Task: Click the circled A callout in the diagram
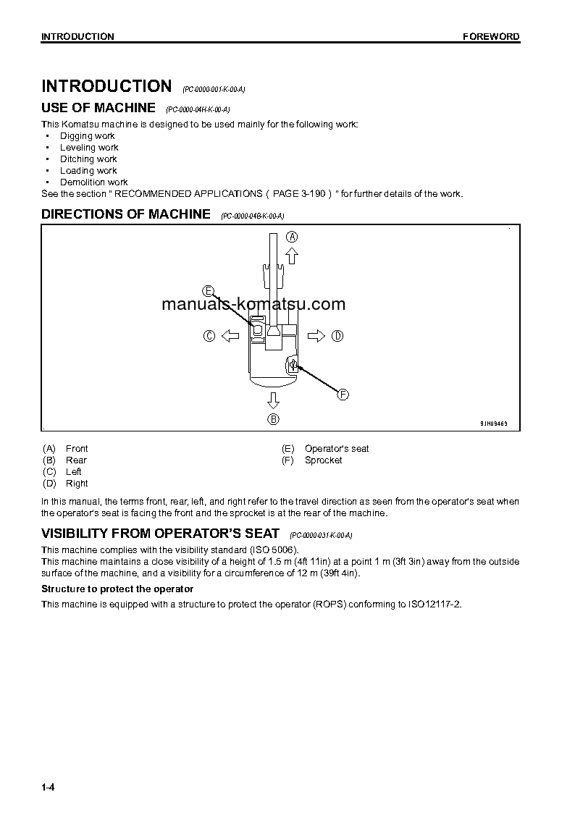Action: point(292,237)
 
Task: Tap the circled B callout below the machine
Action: point(273,419)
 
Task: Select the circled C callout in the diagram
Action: point(209,335)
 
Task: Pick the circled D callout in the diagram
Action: point(337,335)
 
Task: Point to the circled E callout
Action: point(209,291)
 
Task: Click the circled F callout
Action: point(343,395)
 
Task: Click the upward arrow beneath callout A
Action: point(292,255)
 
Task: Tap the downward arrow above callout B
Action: point(273,400)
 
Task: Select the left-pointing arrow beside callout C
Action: point(230,335)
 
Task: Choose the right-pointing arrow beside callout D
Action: point(316,335)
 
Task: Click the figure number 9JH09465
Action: point(495,424)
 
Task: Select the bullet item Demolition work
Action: point(93,182)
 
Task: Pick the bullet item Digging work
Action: point(87,136)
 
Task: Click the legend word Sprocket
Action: point(323,460)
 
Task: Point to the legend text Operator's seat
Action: point(337,449)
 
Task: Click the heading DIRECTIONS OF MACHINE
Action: point(126,214)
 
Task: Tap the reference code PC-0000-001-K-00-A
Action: point(214,89)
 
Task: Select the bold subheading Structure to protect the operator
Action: point(117,589)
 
